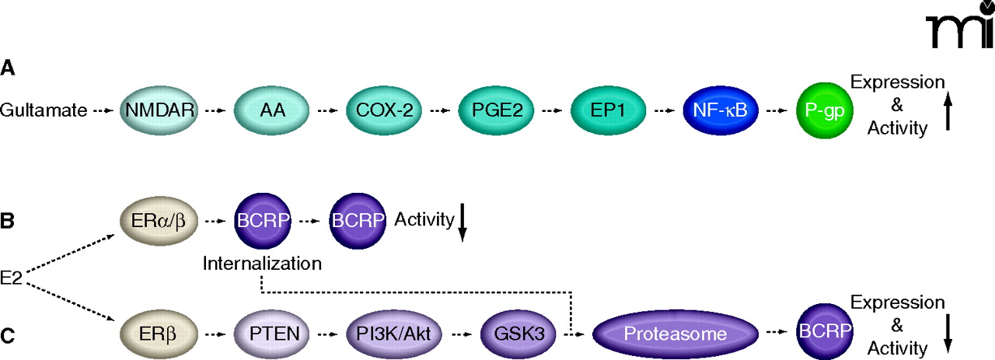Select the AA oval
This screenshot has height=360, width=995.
269,111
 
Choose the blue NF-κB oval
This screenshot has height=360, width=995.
720,111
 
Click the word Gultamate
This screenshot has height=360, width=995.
44,111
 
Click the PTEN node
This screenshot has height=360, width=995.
269,335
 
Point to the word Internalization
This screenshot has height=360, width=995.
262,263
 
